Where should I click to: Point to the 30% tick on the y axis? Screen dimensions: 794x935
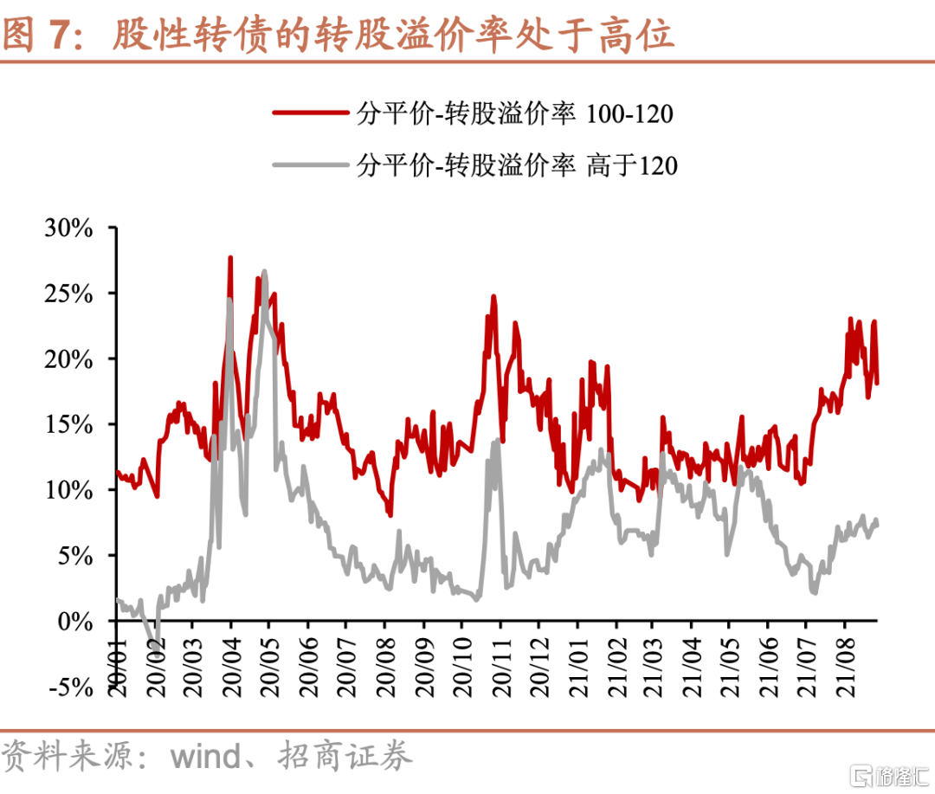tap(68, 228)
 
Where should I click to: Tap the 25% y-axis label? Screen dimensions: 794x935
tap(68, 294)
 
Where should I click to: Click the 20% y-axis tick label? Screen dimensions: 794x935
tap(68, 359)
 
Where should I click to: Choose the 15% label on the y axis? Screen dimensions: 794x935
tap(68, 424)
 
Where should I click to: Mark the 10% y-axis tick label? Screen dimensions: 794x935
tap(68, 490)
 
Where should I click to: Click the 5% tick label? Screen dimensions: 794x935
tap(74, 555)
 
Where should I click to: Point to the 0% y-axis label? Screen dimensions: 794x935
tap(74, 621)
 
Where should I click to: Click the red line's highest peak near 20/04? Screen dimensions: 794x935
tap(230, 257)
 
